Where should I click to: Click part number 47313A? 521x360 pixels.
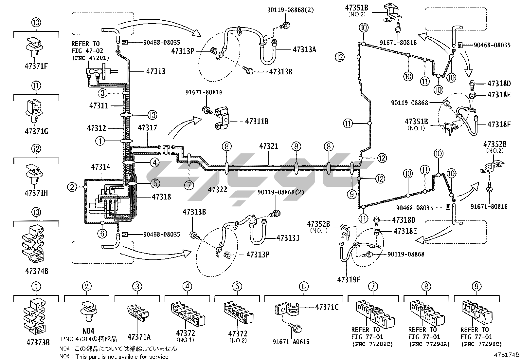304,49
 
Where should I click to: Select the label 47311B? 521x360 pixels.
257,122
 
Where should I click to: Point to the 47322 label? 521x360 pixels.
217,189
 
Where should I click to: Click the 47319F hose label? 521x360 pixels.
349,279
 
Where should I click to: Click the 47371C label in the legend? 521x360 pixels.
327,307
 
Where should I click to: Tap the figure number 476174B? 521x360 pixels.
507,354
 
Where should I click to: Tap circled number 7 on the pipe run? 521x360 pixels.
189,185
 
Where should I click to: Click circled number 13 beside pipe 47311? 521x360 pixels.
152,115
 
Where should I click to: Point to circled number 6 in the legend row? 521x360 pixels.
303,286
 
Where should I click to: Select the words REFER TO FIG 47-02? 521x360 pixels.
85,47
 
